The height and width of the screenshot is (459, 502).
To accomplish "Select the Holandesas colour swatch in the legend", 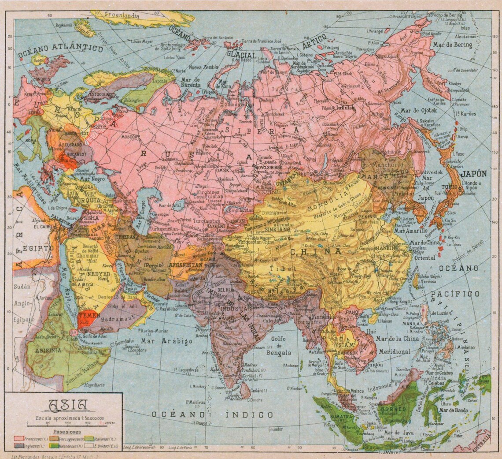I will click(x=55, y=446).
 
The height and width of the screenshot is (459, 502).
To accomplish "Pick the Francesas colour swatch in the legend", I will click(x=19, y=439).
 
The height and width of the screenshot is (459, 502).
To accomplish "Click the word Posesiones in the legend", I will click(x=67, y=432).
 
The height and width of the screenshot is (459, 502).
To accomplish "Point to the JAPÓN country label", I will click(x=473, y=173).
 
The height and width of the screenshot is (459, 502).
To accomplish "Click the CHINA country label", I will click(x=315, y=252).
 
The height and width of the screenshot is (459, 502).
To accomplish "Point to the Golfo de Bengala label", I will click(x=278, y=345).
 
